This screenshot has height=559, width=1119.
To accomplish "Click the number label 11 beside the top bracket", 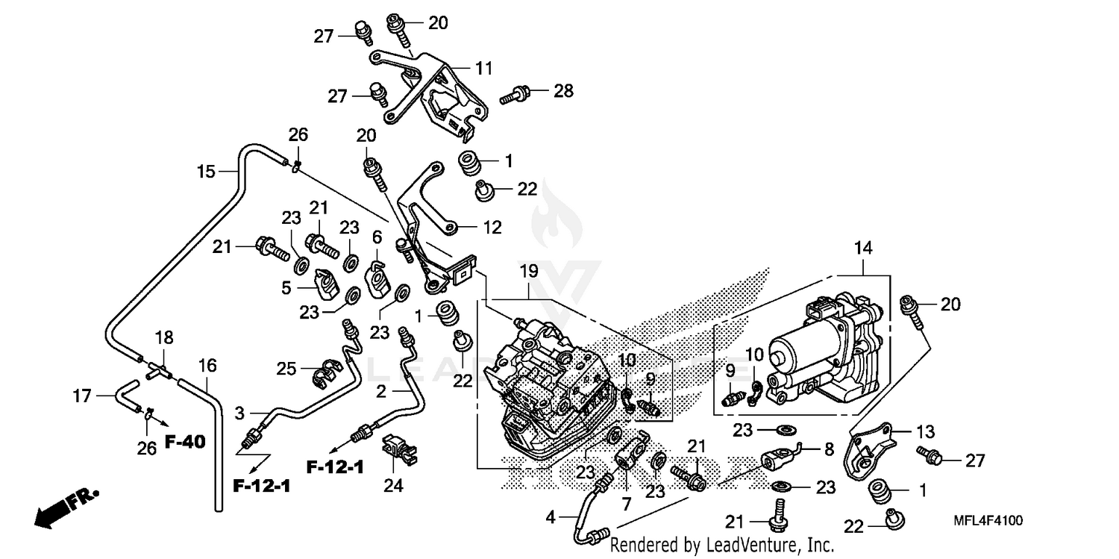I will coord(484,68).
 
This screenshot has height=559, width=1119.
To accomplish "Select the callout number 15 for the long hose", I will coord(206,172).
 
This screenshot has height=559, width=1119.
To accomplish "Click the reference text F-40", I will coord(184,443).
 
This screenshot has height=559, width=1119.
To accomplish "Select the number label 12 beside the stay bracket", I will coord(492,228).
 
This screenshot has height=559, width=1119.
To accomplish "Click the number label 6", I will coord(377,237).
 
